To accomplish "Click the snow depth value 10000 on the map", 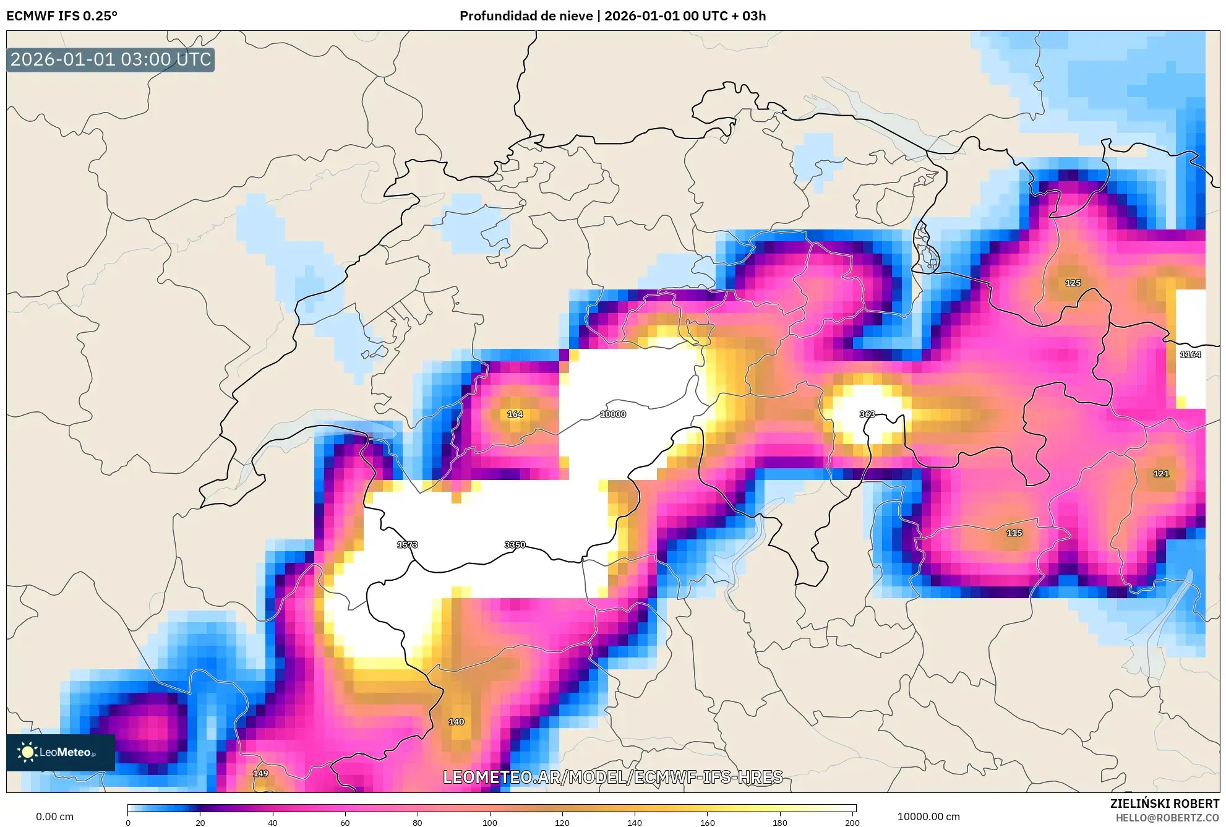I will (612, 414).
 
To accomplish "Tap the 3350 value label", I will (515, 545).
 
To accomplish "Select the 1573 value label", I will (407, 545).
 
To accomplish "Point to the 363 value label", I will (867, 414).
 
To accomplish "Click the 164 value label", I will (515, 414).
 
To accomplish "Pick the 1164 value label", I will (1190, 354).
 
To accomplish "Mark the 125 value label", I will (1073, 283).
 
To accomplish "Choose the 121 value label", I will (1161, 474).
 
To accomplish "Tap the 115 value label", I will (1014, 533).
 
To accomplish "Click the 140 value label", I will (456, 722).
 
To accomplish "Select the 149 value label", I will (260, 774).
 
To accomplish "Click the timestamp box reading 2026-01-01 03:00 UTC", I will (111, 60).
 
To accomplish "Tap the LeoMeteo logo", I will (60, 752).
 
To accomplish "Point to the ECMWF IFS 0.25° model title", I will (62, 16).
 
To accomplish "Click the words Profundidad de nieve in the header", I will (526, 16).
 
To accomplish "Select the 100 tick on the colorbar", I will (490, 823).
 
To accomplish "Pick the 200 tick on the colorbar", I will (852, 823).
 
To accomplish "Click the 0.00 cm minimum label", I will (54, 816).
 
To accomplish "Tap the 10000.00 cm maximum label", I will (928, 816).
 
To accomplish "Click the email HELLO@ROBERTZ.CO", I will (1167, 818).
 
